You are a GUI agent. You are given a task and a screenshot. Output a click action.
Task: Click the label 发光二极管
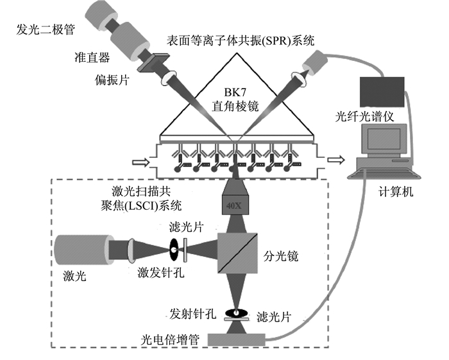click(46, 30)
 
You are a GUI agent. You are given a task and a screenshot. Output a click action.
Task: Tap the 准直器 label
click(92, 58)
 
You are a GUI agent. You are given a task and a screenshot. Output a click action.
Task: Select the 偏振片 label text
click(112, 80)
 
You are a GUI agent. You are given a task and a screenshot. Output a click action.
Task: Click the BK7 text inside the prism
click(235, 92)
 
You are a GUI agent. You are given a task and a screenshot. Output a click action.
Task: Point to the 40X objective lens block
click(235, 205)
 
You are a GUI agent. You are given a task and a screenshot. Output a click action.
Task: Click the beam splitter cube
click(237, 253)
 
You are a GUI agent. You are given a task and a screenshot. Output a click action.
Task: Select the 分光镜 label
click(281, 256)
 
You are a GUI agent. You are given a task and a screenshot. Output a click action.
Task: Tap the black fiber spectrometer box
click(382, 92)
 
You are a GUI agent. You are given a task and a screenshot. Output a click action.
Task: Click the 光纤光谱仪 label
click(365, 117)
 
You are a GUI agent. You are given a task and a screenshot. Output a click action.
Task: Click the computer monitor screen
click(384, 139)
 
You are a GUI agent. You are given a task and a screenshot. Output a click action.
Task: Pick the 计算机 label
click(396, 192)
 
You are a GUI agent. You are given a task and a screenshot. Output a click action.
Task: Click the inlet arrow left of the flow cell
click(141, 162)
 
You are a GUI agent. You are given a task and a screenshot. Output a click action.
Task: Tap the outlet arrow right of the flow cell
click(336, 160)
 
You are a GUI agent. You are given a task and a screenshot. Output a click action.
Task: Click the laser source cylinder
click(83, 250)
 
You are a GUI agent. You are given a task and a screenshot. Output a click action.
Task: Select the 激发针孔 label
click(161, 272)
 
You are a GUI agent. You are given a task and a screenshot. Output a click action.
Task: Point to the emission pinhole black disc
click(237, 313)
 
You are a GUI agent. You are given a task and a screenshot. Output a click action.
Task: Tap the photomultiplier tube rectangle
click(237, 340)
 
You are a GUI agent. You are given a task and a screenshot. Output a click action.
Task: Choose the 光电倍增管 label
click(170, 339)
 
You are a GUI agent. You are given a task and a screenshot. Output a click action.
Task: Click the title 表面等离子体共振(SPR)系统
click(241, 40)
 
